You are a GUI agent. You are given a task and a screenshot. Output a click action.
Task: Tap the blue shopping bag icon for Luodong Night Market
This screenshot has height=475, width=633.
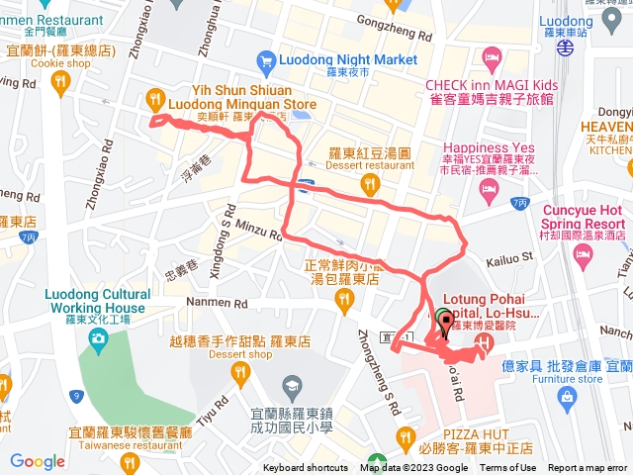[265, 63]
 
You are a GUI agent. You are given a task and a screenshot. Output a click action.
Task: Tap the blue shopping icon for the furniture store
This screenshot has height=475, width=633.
[568, 396]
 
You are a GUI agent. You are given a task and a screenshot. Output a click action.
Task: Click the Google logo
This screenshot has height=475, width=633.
[38, 461]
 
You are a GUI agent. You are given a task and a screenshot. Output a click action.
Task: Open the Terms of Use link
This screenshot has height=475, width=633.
[507, 468]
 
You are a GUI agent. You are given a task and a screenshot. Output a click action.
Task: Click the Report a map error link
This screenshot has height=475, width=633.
[588, 468]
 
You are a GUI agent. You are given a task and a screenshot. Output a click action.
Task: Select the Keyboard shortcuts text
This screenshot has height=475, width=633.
[306, 468]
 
